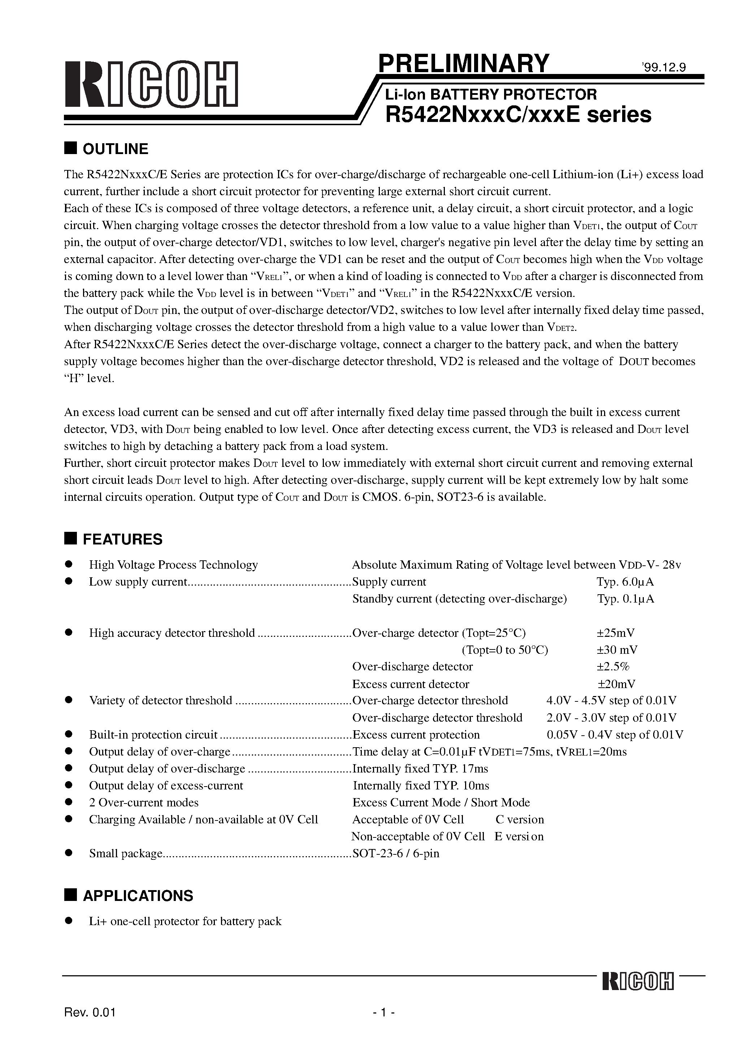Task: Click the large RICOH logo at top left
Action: tap(151, 84)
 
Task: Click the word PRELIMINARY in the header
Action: tap(463, 64)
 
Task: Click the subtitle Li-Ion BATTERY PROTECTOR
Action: tap(491, 94)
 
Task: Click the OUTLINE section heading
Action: tap(115, 149)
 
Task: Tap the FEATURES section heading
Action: tap(122, 539)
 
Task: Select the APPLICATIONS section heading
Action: tap(138, 896)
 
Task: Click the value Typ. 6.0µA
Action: tap(625, 582)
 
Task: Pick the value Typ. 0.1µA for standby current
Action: tap(625, 599)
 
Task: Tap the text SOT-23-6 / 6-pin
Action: tap(395, 853)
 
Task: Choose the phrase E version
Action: tap(519, 836)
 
